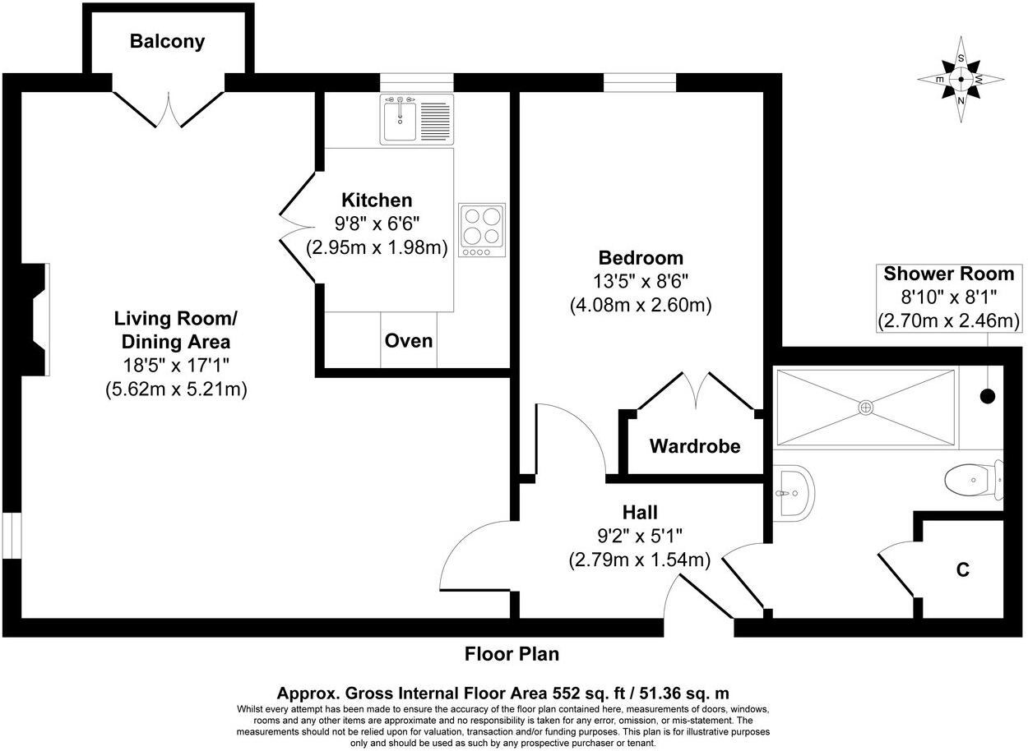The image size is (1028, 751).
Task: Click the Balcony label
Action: pyautogui.click(x=167, y=41)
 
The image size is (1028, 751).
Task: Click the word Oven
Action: pyautogui.click(x=409, y=340)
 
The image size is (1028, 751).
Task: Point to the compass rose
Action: pyautogui.click(x=961, y=80)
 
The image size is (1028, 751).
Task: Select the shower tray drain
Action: pyautogui.click(x=866, y=407)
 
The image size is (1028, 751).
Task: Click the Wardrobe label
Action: pyautogui.click(x=695, y=446)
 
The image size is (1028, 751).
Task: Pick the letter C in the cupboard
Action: pyautogui.click(x=961, y=569)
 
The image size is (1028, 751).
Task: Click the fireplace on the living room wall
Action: pyautogui.click(x=36, y=320)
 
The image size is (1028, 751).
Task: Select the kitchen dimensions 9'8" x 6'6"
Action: pyautogui.click(x=377, y=223)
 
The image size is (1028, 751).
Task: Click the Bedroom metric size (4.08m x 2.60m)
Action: pyautogui.click(x=640, y=305)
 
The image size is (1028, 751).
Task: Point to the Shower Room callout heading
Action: pyautogui.click(x=949, y=274)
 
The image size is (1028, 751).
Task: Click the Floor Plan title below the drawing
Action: pyautogui.click(x=512, y=654)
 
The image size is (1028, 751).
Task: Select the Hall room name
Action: pyautogui.click(x=639, y=513)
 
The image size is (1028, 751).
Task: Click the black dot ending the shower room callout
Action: pyautogui.click(x=988, y=396)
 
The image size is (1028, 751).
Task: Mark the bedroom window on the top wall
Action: pyautogui.click(x=639, y=82)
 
